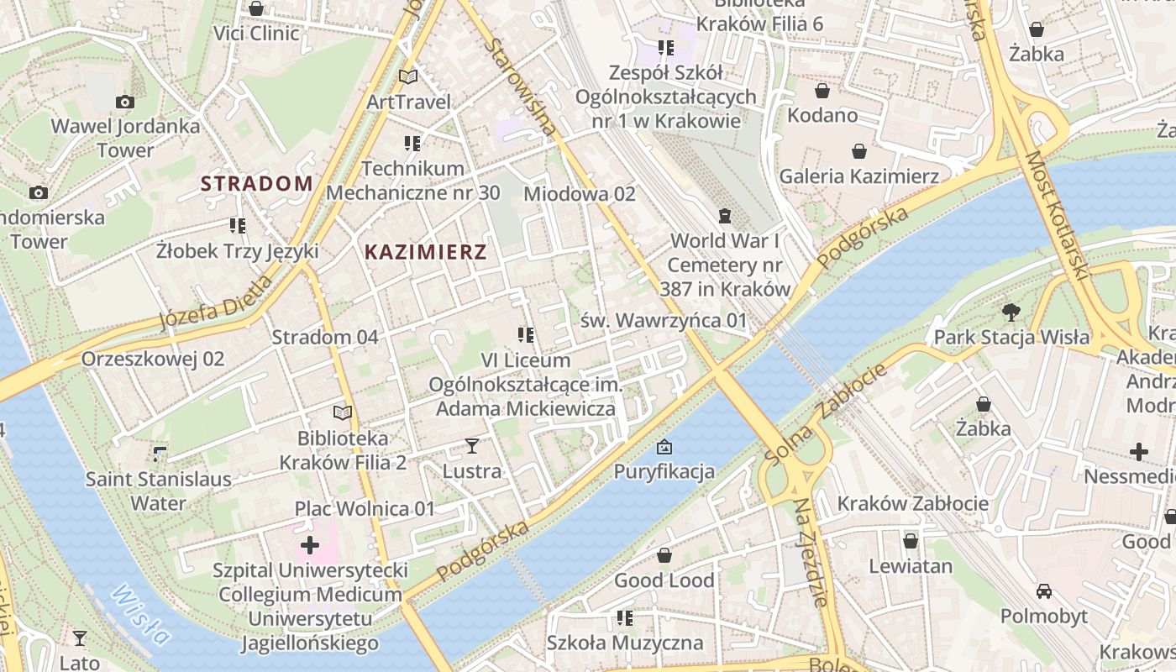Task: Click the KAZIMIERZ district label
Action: [426, 251]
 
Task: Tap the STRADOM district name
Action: [257, 183]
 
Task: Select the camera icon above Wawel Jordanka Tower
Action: [125, 102]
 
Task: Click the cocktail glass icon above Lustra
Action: [472, 446]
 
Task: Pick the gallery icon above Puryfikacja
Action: [664, 446]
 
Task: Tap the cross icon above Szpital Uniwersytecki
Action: [310, 545]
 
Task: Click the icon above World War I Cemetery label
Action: [725, 216]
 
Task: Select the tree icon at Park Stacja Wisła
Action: [1011, 312]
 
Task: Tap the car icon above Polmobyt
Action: [1043, 591]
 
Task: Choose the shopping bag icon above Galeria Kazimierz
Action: [858, 151]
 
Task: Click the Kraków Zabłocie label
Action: [913, 503]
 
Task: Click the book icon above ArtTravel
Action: [408, 77]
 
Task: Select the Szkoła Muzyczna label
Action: [625, 643]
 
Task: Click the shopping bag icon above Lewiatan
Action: [911, 540]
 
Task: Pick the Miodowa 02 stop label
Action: [579, 193]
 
